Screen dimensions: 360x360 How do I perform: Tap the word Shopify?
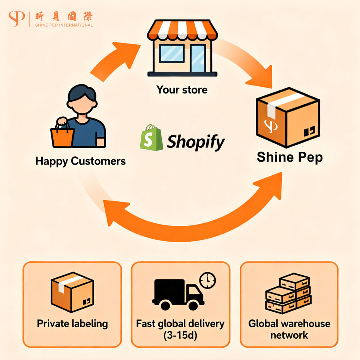(x=196, y=142)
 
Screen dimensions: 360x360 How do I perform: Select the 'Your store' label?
(x=182, y=90)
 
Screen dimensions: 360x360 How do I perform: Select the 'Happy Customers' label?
(x=80, y=161)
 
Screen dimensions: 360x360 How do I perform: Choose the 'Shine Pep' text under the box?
(x=289, y=157)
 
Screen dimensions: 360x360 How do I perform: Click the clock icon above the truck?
(x=208, y=279)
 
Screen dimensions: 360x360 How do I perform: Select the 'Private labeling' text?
(x=72, y=324)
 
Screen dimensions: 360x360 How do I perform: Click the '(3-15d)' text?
(x=180, y=335)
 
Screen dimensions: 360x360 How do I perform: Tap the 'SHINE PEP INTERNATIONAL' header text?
(x=64, y=25)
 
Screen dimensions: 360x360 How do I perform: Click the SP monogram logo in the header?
(x=16, y=19)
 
